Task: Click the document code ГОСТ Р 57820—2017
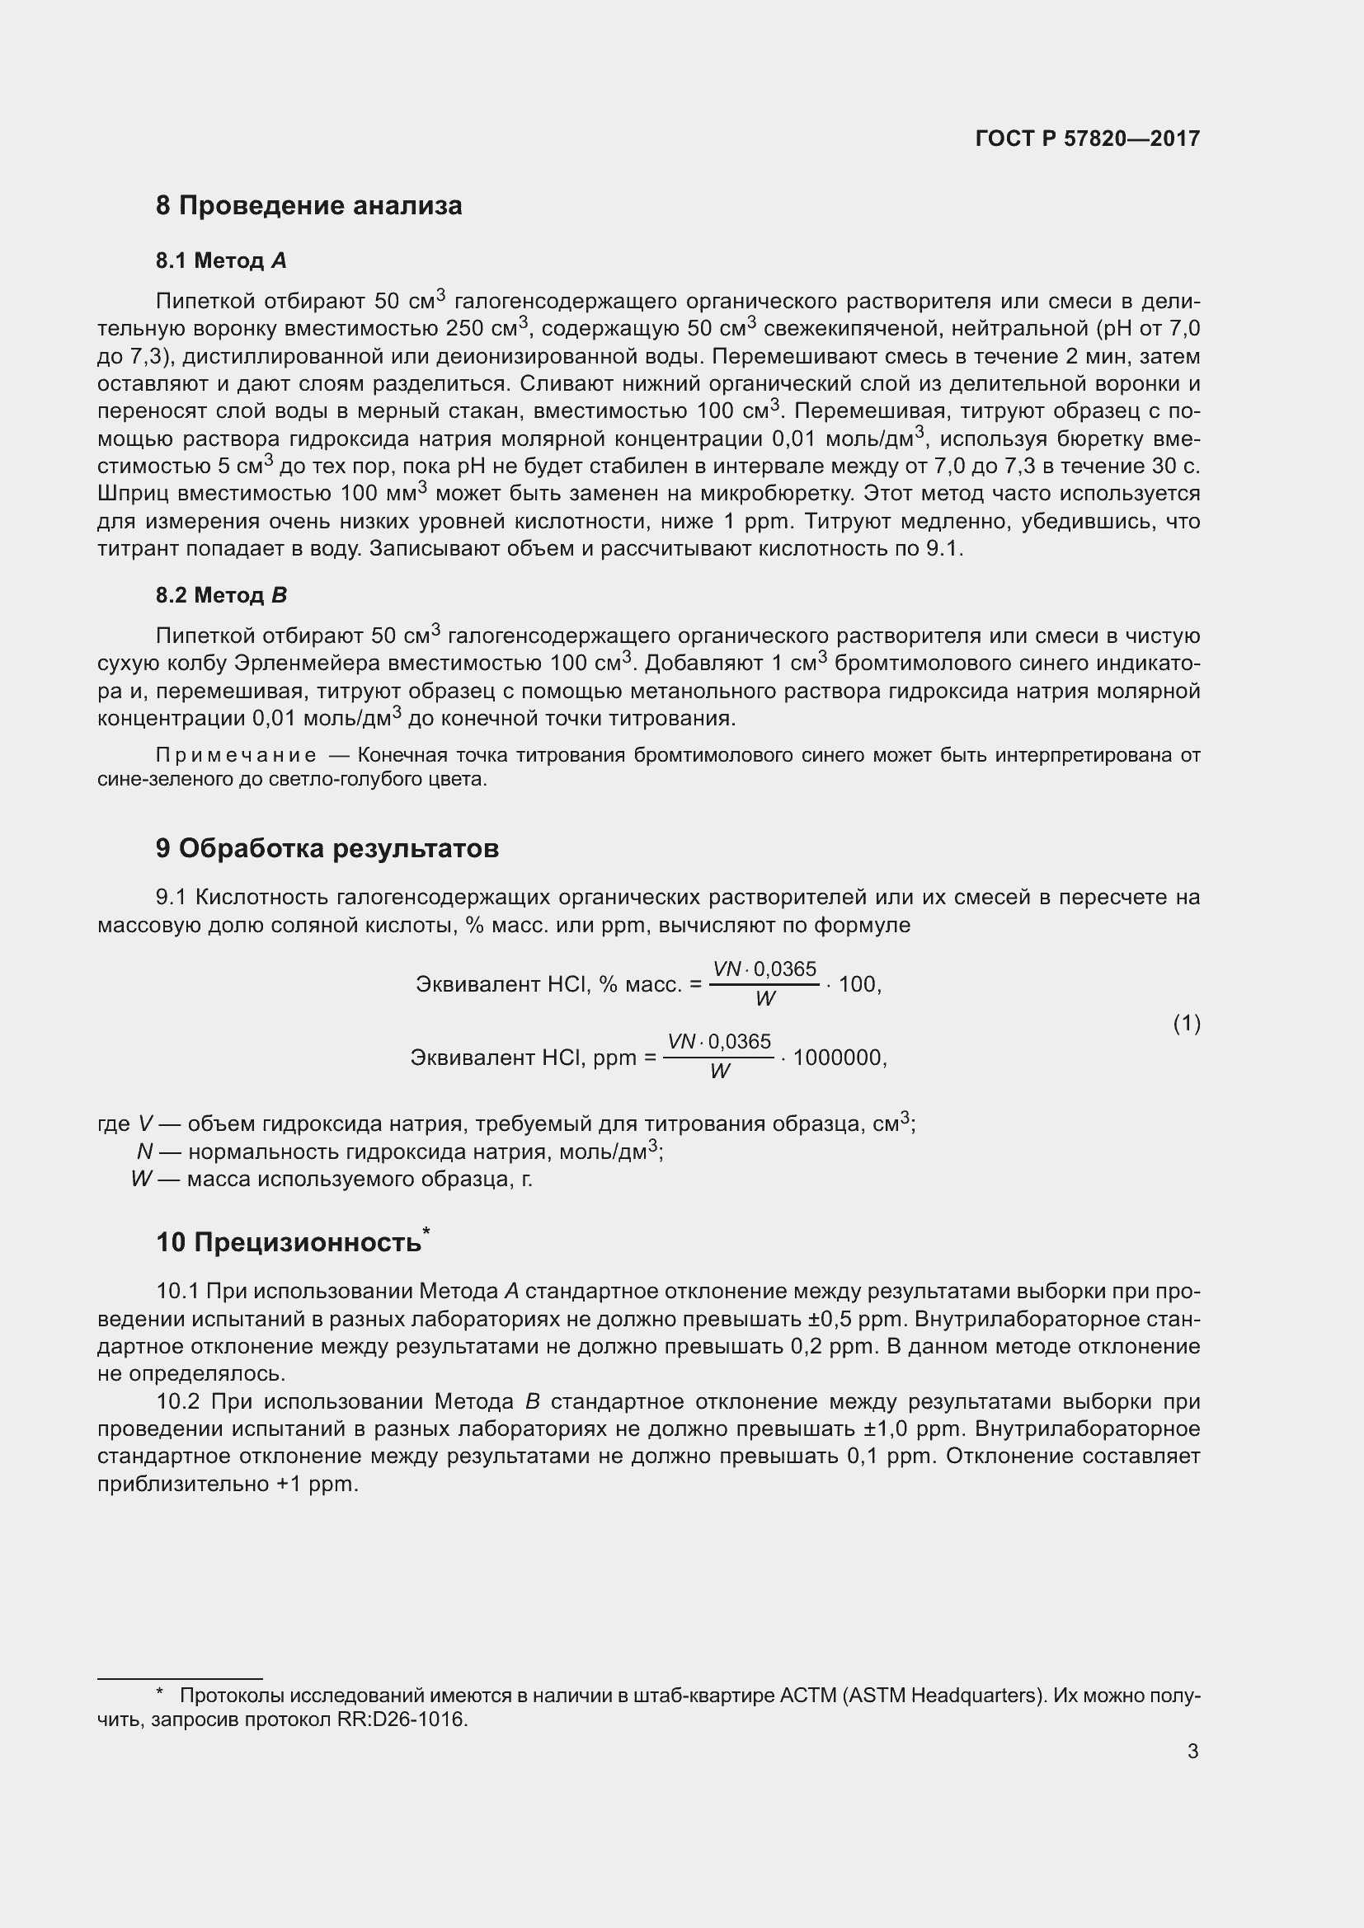tap(1088, 138)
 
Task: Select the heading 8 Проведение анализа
tap(308, 206)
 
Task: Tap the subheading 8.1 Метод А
tap(221, 261)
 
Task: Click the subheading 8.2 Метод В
tap(221, 595)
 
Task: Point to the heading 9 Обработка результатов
tap(327, 848)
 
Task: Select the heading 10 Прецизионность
tap(289, 1242)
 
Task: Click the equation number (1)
tap(1186, 1023)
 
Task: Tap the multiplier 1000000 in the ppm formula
tap(837, 1058)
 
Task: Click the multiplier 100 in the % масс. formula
tap(857, 984)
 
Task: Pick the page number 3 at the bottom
tap(1192, 1751)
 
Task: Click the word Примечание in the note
tap(236, 756)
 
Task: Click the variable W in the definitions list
tap(141, 1179)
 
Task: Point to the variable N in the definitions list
tap(144, 1152)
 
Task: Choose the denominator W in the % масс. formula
tap(764, 998)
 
